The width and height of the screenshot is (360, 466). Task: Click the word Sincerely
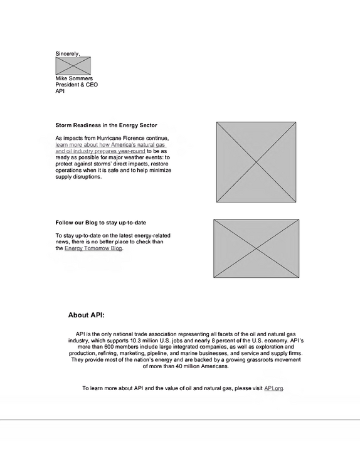pyautogui.click(x=68, y=54)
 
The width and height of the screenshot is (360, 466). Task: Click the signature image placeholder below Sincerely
pyautogui.click(x=73, y=66)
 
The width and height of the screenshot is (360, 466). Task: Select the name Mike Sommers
pyautogui.click(x=74, y=78)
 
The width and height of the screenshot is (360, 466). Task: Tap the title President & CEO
pyautogui.click(x=77, y=85)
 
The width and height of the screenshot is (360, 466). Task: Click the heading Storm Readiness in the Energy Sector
pyautogui.click(x=106, y=125)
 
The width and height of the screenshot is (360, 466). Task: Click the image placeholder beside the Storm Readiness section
pyautogui.click(x=257, y=162)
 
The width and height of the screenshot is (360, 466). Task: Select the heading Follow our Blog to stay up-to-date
pyautogui.click(x=100, y=223)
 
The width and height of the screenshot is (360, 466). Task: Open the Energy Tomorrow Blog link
pyautogui.click(x=93, y=248)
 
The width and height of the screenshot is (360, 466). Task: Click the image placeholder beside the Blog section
pyautogui.click(x=257, y=248)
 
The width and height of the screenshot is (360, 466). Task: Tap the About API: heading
pyautogui.click(x=86, y=315)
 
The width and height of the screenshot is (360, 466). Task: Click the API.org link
pyautogui.click(x=273, y=388)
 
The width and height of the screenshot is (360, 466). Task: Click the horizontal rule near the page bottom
pyautogui.click(x=180, y=420)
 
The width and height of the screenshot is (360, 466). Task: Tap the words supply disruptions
pyautogui.click(x=78, y=177)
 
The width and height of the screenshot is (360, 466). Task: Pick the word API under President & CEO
pyautogui.click(x=60, y=91)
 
